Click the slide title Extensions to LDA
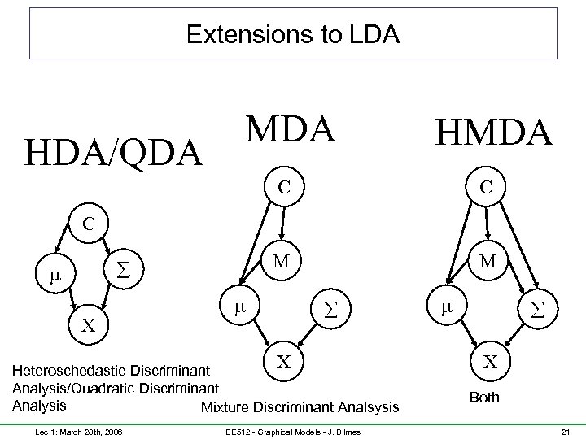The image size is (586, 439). pos(293,35)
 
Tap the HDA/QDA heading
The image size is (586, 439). pos(114,152)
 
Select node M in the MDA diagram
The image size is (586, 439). pos(282,261)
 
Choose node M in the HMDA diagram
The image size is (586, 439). pos(489,261)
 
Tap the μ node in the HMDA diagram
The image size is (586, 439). pos(445,308)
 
